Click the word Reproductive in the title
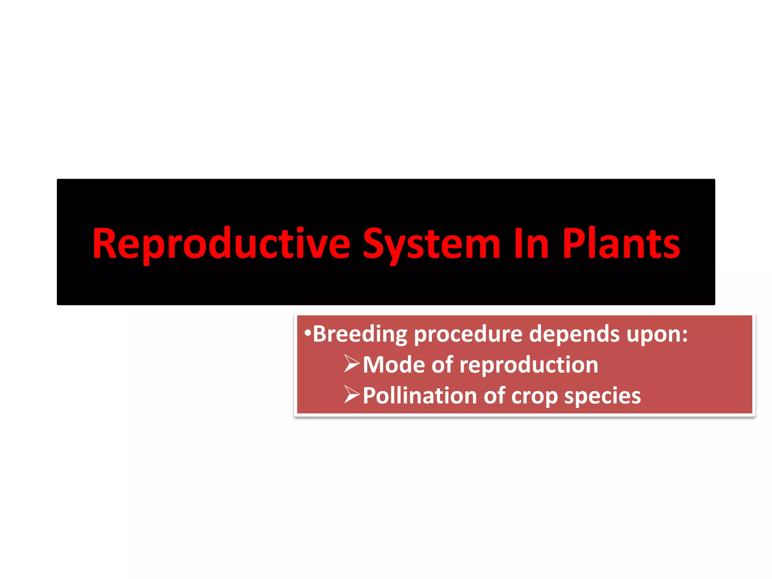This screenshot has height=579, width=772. click(x=222, y=244)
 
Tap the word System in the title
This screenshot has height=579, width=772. click(x=431, y=244)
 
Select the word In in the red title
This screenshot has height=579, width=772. click(x=531, y=244)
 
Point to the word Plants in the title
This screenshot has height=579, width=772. click(x=621, y=244)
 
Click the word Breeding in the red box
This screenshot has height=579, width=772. click(x=360, y=334)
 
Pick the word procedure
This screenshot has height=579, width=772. click(x=468, y=334)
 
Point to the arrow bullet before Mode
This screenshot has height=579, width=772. click(x=352, y=364)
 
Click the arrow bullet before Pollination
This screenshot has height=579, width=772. click(x=352, y=395)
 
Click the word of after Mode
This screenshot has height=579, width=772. click(x=442, y=365)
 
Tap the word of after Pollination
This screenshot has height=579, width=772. click(x=494, y=396)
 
